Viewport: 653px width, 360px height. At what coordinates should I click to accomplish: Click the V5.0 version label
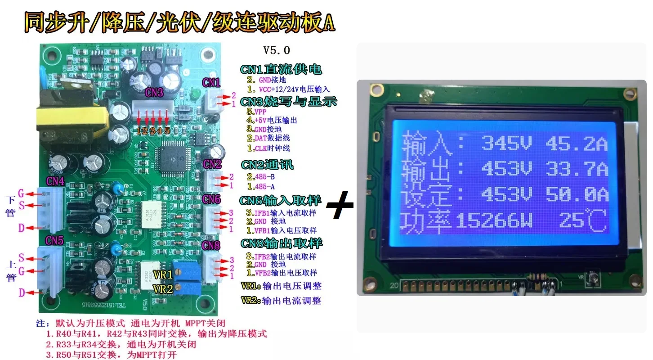[277, 50]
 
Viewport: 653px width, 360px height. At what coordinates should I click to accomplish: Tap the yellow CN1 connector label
[211, 82]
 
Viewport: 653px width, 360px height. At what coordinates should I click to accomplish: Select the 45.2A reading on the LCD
[576, 144]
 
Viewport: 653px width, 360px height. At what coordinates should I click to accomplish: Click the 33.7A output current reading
[576, 169]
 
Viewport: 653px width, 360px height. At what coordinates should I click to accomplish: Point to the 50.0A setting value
[576, 195]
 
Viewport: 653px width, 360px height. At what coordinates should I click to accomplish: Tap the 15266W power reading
[494, 221]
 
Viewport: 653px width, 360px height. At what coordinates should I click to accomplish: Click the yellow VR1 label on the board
[162, 274]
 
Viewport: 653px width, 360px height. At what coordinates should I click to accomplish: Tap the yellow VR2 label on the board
[162, 288]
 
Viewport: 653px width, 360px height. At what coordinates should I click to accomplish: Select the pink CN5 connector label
[54, 241]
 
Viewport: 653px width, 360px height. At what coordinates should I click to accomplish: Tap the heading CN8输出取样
[281, 243]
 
